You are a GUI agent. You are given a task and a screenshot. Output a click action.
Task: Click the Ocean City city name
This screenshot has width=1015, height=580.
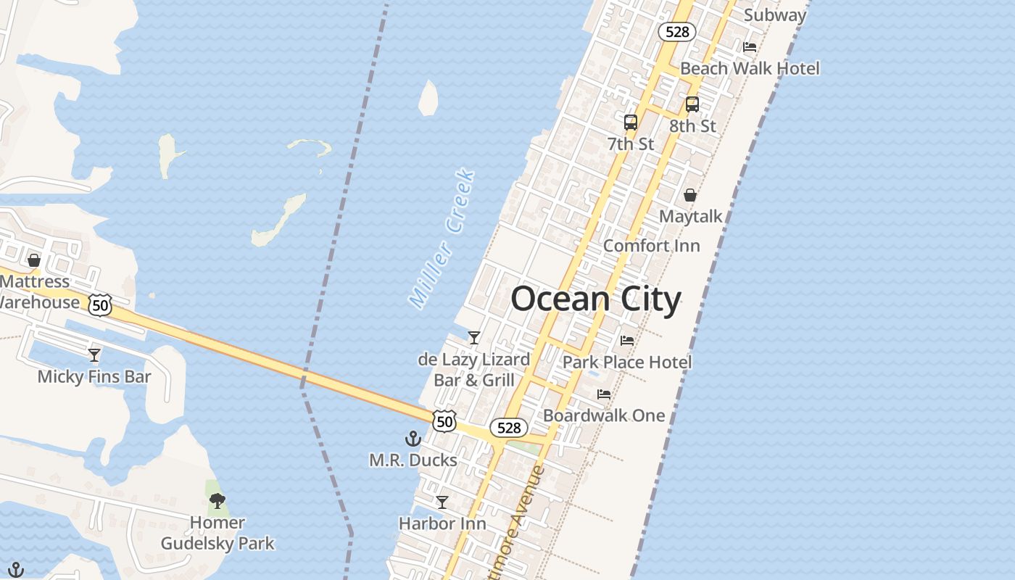(596, 299)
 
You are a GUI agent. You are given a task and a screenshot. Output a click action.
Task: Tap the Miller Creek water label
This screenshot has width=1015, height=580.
(442, 239)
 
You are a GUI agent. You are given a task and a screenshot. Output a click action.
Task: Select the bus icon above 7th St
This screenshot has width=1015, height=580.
(631, 122)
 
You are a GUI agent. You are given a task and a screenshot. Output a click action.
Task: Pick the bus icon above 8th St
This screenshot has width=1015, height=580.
(692, 104)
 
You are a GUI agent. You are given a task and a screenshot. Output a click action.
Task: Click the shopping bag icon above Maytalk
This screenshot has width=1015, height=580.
(690, 195)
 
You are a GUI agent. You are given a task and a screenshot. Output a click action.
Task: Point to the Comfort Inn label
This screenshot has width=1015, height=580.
(652, 245)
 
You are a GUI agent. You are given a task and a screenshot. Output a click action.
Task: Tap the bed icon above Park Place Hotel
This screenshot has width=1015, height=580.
(627, 341)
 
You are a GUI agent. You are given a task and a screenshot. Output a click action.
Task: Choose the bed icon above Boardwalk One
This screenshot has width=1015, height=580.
(604, 394)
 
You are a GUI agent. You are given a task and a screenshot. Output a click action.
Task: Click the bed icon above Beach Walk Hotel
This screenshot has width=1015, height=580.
(750, 47)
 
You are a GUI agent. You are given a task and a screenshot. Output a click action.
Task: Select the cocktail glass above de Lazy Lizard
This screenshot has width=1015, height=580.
(474, 338)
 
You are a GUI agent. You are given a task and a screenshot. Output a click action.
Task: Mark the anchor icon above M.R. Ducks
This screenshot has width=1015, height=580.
(413, 439)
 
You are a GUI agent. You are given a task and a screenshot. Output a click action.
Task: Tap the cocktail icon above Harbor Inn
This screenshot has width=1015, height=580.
(442, 502)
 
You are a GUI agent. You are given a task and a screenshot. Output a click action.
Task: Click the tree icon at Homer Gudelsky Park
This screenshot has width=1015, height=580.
(217, 500)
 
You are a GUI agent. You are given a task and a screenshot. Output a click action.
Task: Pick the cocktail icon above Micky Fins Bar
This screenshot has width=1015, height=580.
(94, 355)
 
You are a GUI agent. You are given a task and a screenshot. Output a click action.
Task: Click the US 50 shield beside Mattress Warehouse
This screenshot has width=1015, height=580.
(100, 305)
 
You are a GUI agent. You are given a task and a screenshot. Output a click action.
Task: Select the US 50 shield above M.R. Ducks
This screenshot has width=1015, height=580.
(444, 420)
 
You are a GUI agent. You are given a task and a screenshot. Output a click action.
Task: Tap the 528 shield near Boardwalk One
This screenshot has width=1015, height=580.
(509, 428)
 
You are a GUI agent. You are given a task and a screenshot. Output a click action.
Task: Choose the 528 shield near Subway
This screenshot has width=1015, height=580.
(677, 32)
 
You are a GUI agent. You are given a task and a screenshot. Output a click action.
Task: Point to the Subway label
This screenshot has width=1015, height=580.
(775, 14)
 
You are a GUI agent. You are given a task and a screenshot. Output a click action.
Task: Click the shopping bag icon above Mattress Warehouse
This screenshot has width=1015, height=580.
(34, 260)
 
